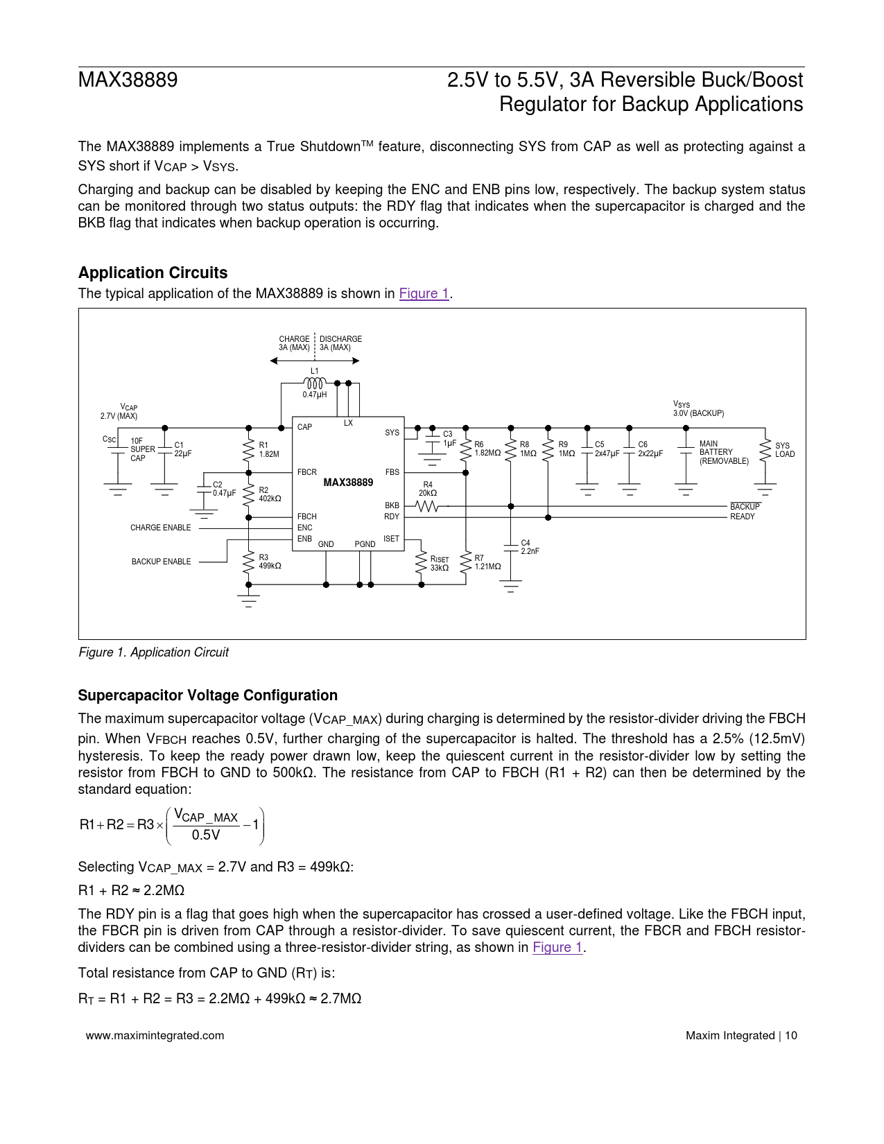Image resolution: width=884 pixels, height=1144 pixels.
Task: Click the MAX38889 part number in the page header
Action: point(128,80)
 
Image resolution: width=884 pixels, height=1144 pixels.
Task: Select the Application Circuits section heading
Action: point(153,272)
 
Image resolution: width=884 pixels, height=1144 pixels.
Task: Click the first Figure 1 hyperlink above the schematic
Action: point(424,293)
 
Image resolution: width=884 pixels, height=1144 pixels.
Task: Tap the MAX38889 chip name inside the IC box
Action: point(348,483)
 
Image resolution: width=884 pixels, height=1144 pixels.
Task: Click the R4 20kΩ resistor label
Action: point(428,489)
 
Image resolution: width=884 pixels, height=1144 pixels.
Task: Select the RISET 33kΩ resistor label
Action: point(440,564)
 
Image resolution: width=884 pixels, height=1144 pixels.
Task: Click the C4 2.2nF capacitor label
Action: point(530,547)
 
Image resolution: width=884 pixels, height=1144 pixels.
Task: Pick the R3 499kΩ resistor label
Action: point(270,562)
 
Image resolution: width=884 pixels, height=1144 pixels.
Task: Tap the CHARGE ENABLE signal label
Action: point(160,528)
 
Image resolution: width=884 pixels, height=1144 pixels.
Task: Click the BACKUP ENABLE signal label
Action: point(161,562)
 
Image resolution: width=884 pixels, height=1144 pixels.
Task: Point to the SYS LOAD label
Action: point(785,450)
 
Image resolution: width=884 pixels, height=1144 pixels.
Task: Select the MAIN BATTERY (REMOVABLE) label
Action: point(724,452)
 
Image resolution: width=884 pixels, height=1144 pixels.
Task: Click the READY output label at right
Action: point(742,517)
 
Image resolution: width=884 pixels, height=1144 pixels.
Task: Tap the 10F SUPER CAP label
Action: point(143,449)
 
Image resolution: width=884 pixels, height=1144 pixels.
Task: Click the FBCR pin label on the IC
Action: point(306,472)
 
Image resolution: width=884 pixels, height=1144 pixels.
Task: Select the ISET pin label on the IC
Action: point(391,539)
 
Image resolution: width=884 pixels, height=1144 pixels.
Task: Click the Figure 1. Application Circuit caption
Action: point(153,652)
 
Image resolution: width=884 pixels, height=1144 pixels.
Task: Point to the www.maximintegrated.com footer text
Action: point(155,1035)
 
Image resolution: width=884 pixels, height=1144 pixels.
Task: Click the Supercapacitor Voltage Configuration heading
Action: point(207,695)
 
